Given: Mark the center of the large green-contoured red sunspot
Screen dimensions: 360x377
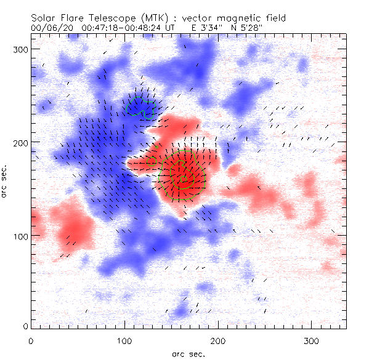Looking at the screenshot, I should [x=182, y=177].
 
